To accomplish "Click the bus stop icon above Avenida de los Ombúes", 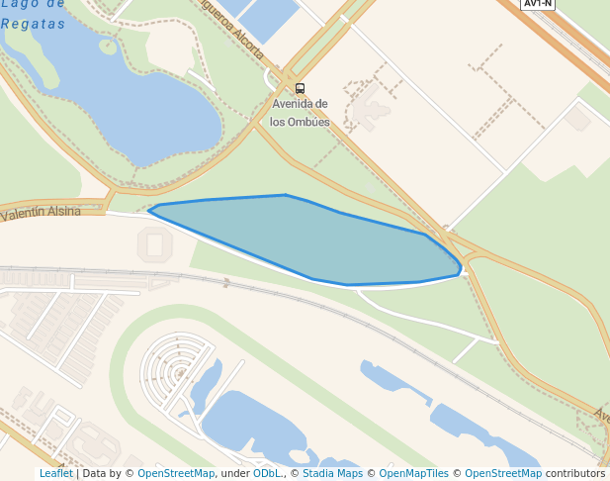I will click(300, 88).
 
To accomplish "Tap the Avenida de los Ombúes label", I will click(300, 113).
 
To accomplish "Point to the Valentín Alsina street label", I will click(42, 212).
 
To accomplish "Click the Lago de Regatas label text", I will click(34, 14).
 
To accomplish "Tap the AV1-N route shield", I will click(538, 4).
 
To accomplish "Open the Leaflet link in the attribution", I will click(55, 473).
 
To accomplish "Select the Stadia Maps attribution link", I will click(332, 473).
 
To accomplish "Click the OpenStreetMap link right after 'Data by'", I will click(176, 473).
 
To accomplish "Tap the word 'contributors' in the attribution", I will click(575, 473).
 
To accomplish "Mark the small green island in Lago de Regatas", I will click(108, 47).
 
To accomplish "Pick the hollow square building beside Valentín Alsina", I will click(154, 243).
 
